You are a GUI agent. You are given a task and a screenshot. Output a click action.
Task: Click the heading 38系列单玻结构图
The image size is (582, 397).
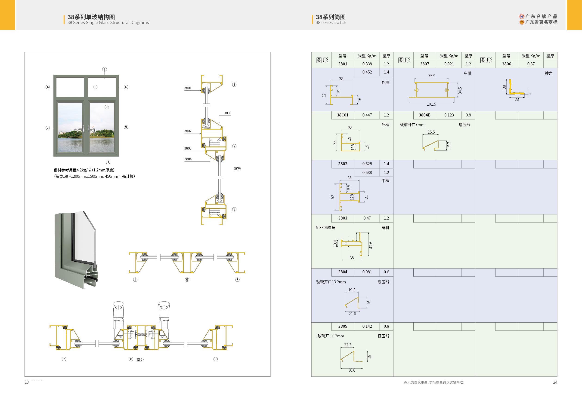[x=91, y=17]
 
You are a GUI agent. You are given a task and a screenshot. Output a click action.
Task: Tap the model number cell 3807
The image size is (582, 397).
[x=424, y=64]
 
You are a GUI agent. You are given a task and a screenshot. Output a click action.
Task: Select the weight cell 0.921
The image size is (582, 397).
[x=449, y=64]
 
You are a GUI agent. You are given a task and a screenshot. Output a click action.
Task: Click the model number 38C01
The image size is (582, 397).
[x=343, y=115]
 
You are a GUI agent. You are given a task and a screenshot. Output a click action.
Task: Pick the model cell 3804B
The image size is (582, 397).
[x=424, y=115]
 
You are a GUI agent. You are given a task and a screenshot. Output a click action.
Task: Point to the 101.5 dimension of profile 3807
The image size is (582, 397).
[x=431, y=104]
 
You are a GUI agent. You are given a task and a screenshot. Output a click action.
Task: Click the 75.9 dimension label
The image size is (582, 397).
[x=431, y=76]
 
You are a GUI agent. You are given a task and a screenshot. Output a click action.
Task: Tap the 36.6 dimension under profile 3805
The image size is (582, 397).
[x=352, y=370]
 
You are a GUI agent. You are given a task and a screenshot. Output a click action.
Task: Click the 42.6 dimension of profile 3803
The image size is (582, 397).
[x=371, y=245]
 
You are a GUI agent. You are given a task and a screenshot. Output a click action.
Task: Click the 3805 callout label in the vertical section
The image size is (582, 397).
[x=228, y=113]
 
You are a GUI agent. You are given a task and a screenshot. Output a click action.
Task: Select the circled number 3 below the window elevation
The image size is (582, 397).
[x=108, y=162]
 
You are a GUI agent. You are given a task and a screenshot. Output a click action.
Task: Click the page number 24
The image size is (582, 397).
[x=555, y=382]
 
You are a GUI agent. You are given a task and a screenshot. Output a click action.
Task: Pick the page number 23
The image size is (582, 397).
[x=27, y=382]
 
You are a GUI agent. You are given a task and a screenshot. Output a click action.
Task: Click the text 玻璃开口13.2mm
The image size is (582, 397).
[x=331, y=282]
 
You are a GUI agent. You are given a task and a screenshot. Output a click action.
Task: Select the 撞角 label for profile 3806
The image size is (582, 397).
[x=548, y=73]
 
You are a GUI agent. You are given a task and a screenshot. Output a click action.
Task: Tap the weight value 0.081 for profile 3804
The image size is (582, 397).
[x=367, y=272]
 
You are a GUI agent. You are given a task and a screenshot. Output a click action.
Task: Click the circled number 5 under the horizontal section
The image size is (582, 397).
[x=187, y=280]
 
